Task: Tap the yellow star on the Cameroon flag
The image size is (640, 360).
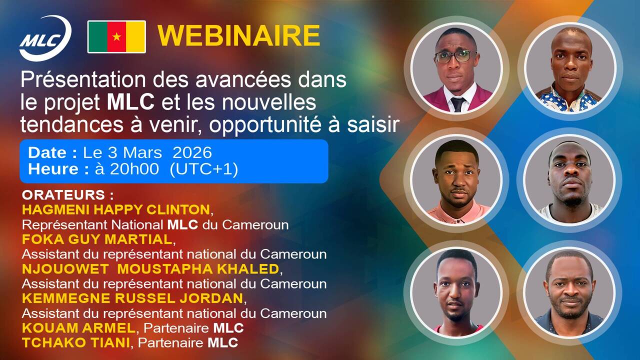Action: [x=116, y=37]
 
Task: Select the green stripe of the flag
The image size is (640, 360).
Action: [x=97, y=37]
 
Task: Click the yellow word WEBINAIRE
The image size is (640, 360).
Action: [x=238, y=36]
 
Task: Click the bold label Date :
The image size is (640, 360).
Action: [x=52, y=152]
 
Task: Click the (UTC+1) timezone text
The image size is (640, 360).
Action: [x=203, y=169]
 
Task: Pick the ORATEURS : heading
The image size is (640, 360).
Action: [x=67, y=194]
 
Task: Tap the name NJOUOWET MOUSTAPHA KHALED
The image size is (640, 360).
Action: [x=150, y=269]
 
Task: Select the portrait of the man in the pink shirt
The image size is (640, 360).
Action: [x=456, y=180]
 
